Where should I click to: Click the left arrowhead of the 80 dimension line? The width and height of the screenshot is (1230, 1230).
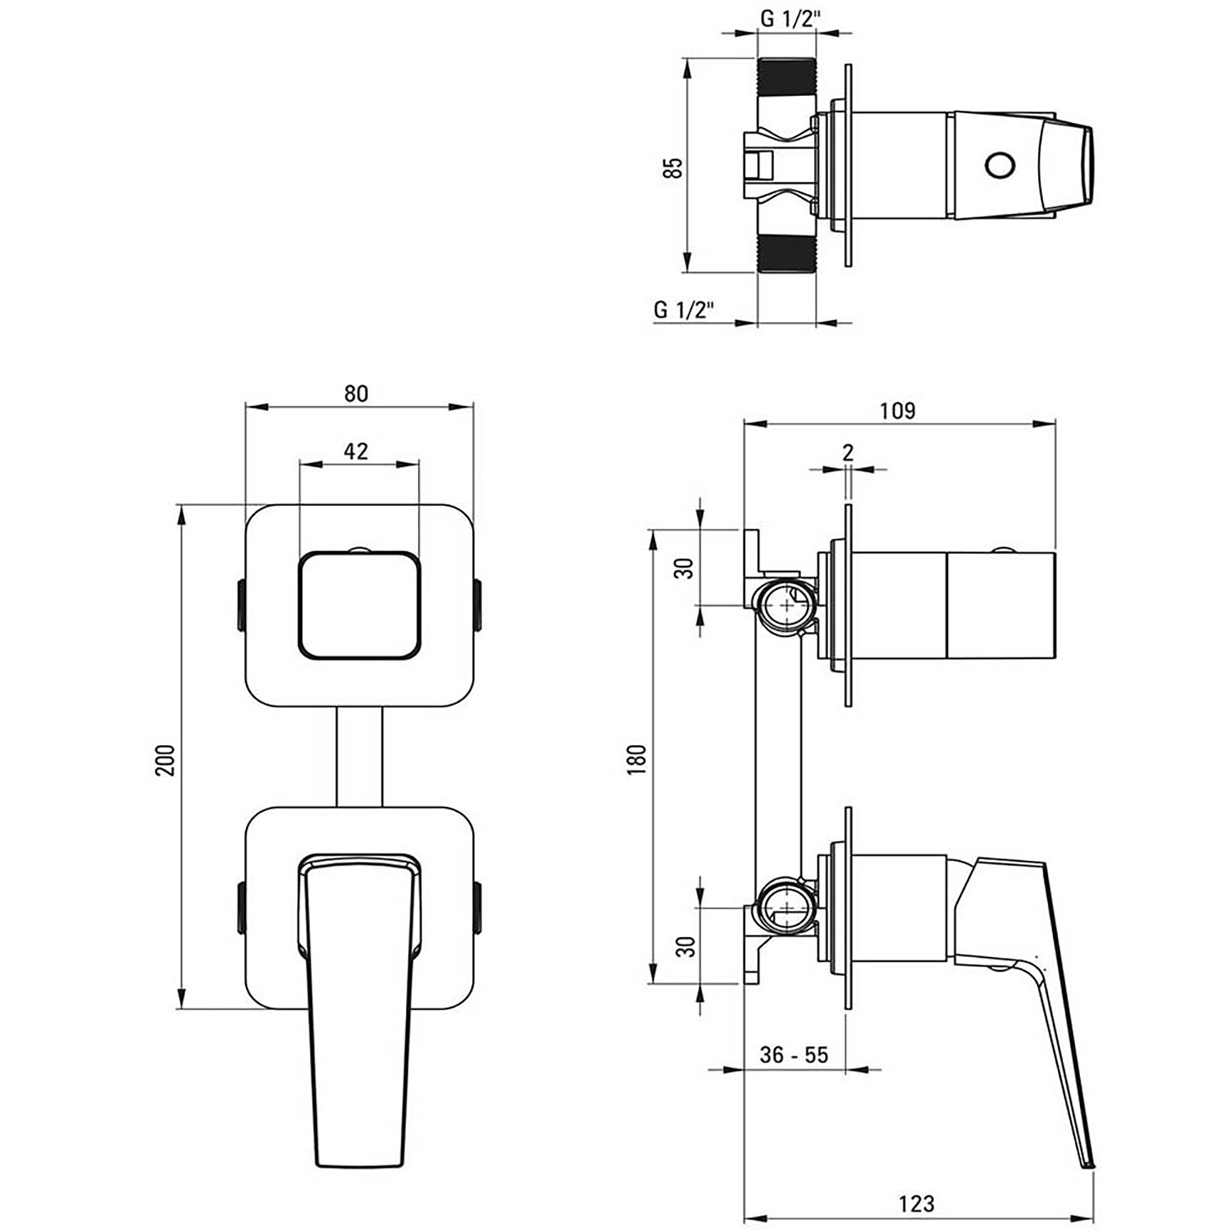tap(255, 407)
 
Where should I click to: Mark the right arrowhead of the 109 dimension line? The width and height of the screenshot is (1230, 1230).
tap(1045, 423)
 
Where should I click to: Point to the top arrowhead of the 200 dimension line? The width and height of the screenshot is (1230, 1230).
tap(181, 515)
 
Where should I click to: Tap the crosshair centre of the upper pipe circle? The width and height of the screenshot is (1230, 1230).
tap(786, 605)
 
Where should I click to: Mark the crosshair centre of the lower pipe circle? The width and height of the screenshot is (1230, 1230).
tap(786, 907)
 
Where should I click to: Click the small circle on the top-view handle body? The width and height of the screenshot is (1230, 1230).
tap(1000, 165)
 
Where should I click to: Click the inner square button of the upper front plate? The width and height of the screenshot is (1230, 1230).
tap(359, 605)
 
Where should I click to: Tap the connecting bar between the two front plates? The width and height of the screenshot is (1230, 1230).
tap(359, 757)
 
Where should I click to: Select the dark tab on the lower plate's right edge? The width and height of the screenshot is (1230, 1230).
tap(478, 908)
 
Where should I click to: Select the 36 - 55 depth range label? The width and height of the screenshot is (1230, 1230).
tap(794, 1054)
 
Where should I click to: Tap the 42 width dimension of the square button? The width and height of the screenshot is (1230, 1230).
tap(355, 450)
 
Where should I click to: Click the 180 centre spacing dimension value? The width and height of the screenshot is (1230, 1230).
tap(637, 760)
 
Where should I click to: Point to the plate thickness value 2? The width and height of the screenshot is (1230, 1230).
tap(848, 452)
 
